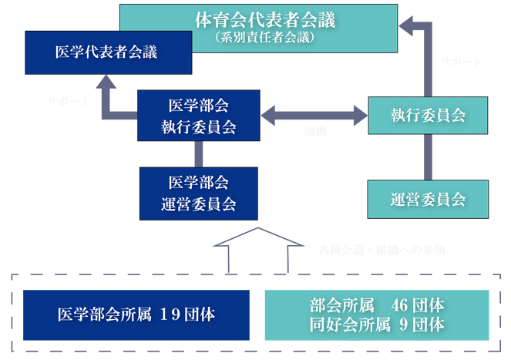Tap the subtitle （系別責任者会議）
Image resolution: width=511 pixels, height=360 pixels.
(x=258, y=36)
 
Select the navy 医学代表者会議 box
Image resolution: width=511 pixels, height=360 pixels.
(x=107, y=52)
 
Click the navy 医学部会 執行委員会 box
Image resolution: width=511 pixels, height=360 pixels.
(x=198, y=116)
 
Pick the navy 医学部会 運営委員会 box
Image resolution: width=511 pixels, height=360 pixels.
(x=198, y=193)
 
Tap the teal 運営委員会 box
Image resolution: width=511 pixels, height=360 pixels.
(x=427, y=199)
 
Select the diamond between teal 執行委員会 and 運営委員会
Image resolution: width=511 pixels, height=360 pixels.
(x=427, y=157)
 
